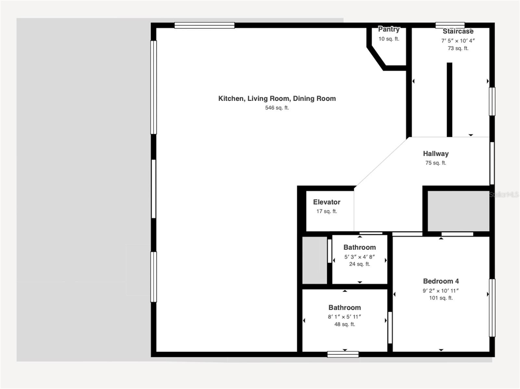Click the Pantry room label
click(x=389, y=29)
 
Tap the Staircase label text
click(x=458, y=31)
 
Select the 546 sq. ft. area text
click(x=277, y=108)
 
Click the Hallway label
click(x=435, y=154)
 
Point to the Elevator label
click(x=327, y=202)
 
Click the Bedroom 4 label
click(x=441, y=281)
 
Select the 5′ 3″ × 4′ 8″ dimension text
click(x=359, y=257)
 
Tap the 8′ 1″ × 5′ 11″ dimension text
click(x=344, y=317)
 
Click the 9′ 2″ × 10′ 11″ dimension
click(x=441, y=291)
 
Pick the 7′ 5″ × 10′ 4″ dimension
click(x=458, y=41)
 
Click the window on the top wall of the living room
click(x=204, y=25)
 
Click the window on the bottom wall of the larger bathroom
click(x=343, y=354)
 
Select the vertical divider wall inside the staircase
click(x=449, y=99)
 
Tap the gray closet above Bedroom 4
click(x=458, y=211)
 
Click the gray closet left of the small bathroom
click(x=315, y=260)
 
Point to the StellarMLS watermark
click(x=504, y=194)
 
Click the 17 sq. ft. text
click(x=327, y=211)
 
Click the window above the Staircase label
click(x=450, y=25)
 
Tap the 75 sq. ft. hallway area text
click(x=435, y=163)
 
